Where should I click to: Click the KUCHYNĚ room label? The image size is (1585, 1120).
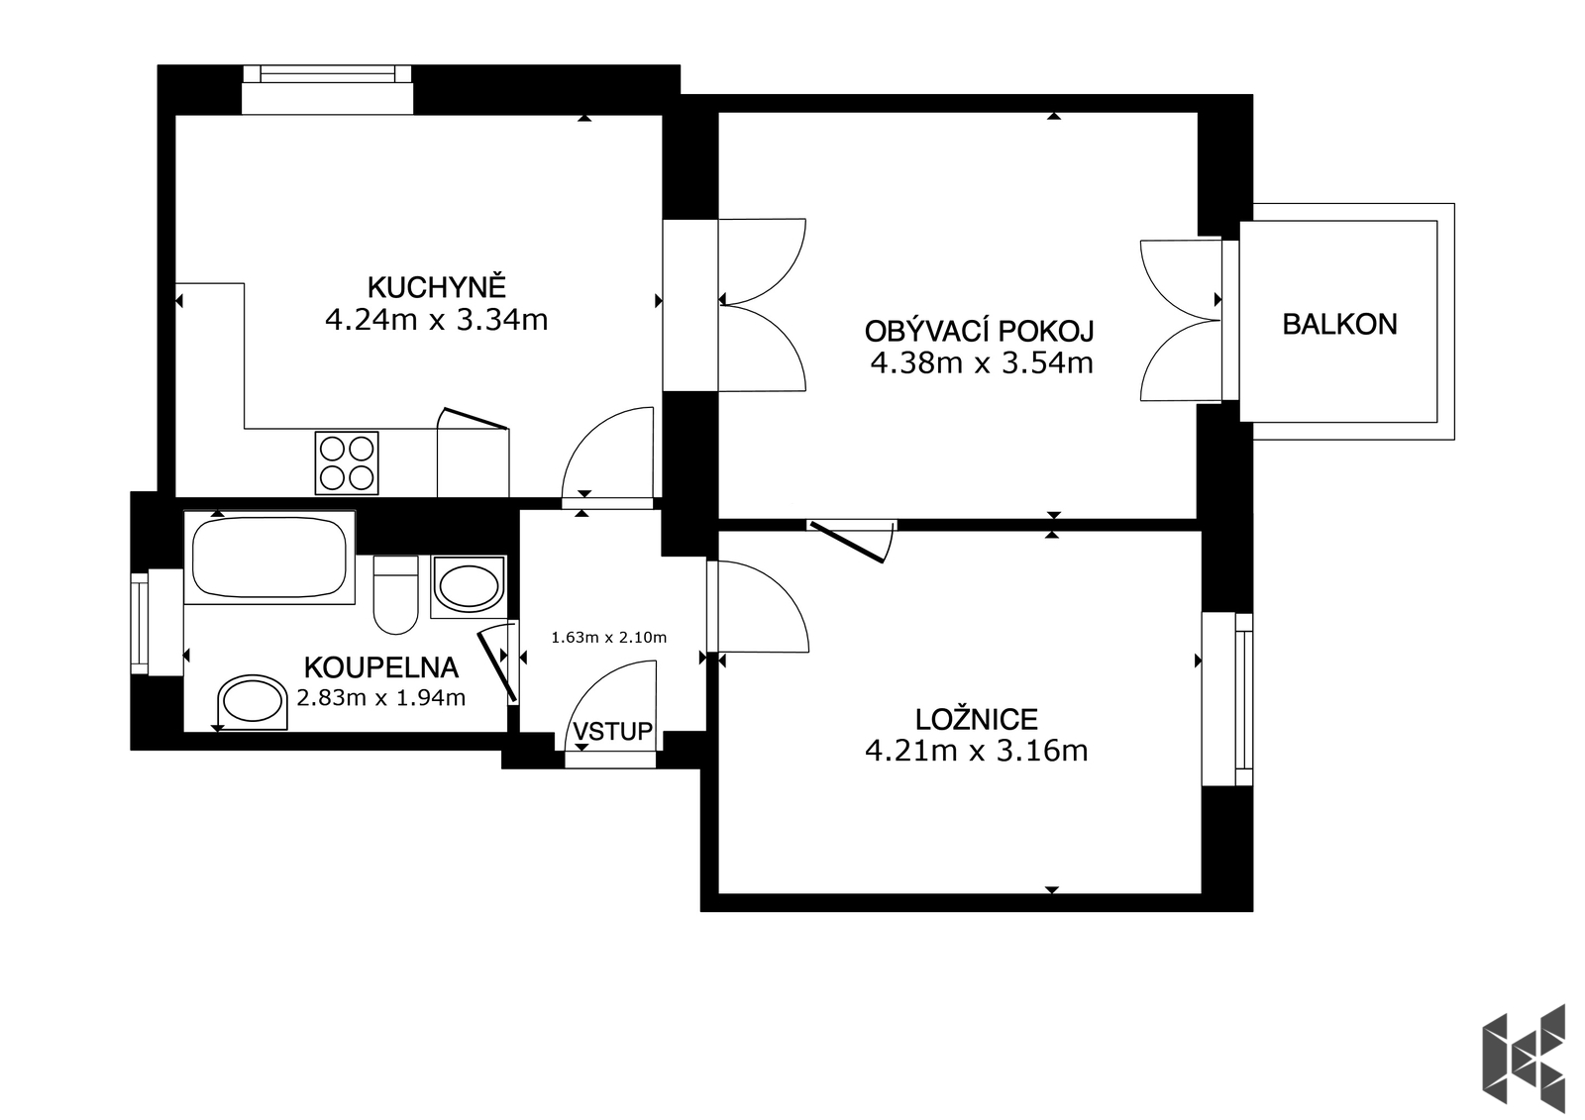pyautogui.click(x=437, y=287)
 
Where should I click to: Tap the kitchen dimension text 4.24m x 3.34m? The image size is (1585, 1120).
pyautogui.click(x=437, y=321)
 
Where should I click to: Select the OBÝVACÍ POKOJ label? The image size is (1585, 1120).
pyautogui.click(x=980, y=331)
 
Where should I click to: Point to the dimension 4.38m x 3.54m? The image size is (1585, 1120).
pyautogui.click(x=982, y=363)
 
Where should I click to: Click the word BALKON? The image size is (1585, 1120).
pyautogui.click(x=1339, y=324)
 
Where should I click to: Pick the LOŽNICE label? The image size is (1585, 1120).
pyautogui.click(x=977, y=720)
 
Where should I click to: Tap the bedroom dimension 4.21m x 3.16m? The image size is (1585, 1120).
pyautogui.click(x=977, y=751)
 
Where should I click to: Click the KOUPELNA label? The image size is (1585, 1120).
pyautogui.click(x=381, y=667)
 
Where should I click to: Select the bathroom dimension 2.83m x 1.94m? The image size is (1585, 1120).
pyautogui.click(x=381, y=698)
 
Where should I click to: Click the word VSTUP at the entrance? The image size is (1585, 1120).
pyautogui.click(x=613, y=731)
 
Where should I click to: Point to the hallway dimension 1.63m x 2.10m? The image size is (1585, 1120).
pyautogui.click(x=609, y=638)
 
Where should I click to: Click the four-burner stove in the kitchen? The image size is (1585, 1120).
pyautogui.click(x=347, y=462)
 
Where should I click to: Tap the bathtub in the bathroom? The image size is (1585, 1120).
pyautogui.click(x=269, y=558)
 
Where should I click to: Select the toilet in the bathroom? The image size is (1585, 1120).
pyautogui.click(x=395, y=594)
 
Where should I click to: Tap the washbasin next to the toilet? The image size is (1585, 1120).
pyautogui.click(x=469, y=586)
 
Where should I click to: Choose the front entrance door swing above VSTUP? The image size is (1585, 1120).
pyautogui.click(x=610, y=705)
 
